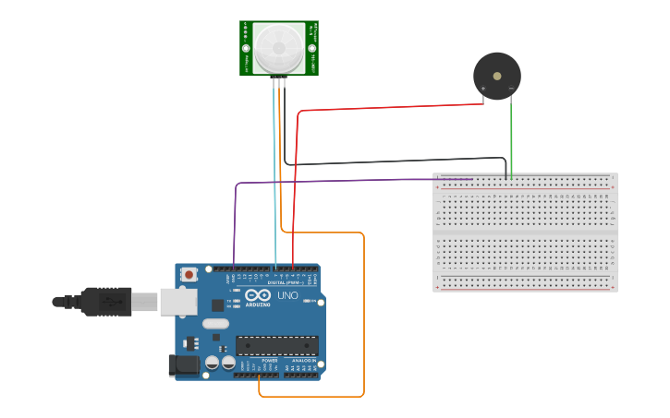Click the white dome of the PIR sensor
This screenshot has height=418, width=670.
pyautogui.click(x=279, y=47)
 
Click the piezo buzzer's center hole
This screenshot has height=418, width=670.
pyautogui.click(x=496, y=76)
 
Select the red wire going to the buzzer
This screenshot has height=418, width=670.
pyautogui.click(x=388, y=107)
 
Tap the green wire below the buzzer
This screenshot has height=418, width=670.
pyautogui.click(x=512, y=138)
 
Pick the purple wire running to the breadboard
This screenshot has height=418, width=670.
pyautogui.click(x=351, y=181)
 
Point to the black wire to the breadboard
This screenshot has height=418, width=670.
pyautogui.click(x=397, y=163)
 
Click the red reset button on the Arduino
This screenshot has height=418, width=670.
pyautogui.click(x=189, y=274)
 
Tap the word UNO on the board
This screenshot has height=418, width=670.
pyautogui.click(x=287, y=295)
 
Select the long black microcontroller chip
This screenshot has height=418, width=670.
pyautogui.click(x=276, y=345)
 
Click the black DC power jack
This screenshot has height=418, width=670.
pyautogui.click(x=184, y=365)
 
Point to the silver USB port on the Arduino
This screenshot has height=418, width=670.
pyautogui.click(x=178, y=301)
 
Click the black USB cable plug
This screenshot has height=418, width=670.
pyautogui.click(x=105, y=302)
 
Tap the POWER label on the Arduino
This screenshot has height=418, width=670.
pyautogui.click(x=257, y=361)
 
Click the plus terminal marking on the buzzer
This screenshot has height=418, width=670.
pyautogui.click(x=482, y=90)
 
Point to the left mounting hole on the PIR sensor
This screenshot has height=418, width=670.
pyautogui.click(x=246, y=48)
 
